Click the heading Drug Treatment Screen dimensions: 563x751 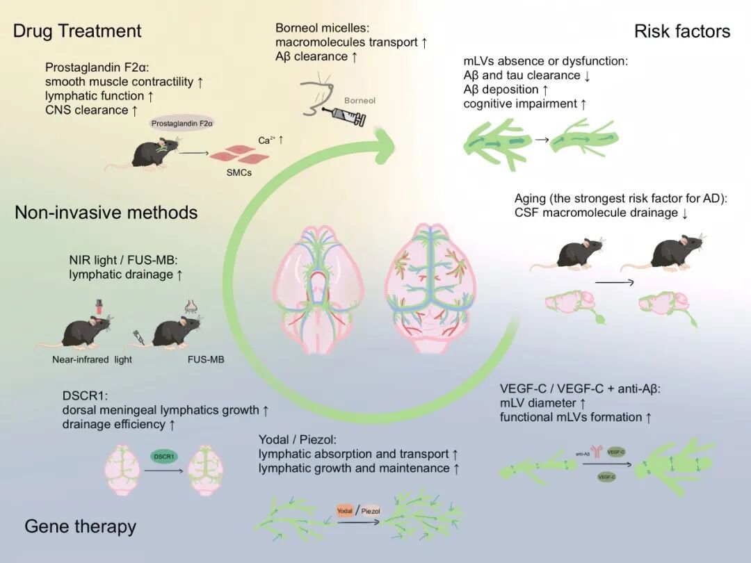pos(77,31)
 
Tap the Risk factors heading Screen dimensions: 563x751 pos(682,31)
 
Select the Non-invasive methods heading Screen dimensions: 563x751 pos(106,212)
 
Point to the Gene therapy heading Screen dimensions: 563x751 pos(80,526)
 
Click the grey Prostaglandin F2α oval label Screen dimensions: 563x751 pos(181,123)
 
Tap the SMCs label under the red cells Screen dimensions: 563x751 pos(240,172)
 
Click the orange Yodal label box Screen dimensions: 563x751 pos(345,511)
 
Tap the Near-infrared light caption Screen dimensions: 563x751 pos(92,359)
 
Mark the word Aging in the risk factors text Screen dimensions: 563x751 pos(531,199)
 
